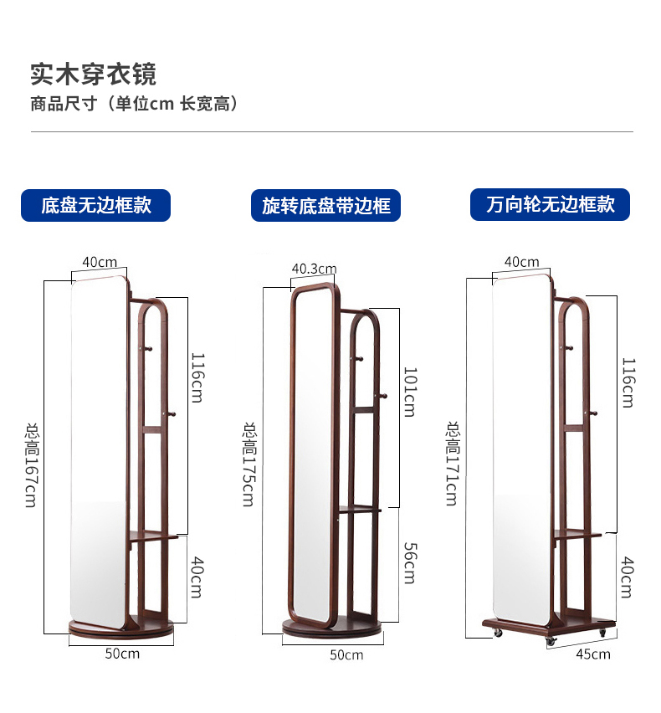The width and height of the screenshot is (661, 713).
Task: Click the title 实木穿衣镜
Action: [93, 74]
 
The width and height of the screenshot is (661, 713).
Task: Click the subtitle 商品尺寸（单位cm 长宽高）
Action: [135, 104]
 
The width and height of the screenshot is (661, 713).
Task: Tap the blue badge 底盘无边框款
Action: [96, 205]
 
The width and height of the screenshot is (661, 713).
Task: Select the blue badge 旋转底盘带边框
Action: [326, 206]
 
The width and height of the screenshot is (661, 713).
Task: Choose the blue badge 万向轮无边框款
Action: [551, 204]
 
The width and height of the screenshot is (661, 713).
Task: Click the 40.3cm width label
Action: [314, 269]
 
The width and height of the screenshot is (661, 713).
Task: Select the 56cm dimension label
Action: [409, 562]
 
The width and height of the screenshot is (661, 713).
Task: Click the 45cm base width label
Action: [593, 654]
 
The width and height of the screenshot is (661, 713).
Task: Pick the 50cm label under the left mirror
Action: [123, 653]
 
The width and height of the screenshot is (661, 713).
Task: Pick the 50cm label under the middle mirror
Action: [346, 654]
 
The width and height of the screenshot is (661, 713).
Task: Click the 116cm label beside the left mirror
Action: [195, 377]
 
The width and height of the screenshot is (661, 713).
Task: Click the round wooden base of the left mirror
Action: [117, 627]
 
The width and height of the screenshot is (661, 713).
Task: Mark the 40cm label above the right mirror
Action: [522, 262]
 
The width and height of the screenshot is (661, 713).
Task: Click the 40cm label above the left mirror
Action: [100, 262]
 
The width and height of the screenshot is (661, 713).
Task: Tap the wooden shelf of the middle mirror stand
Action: [360, 508]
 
